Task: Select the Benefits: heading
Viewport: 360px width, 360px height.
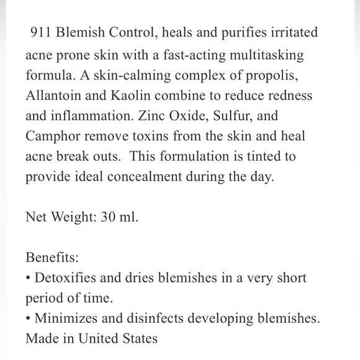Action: [52, 258]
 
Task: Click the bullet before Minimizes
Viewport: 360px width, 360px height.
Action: [29, 319]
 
